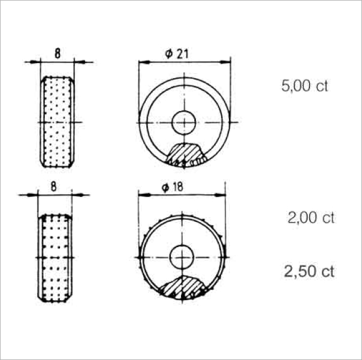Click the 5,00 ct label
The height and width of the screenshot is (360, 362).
(304, 86)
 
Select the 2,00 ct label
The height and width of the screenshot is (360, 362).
(311, 218)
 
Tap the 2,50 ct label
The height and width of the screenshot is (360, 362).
(309, 271)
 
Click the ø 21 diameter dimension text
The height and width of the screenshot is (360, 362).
(177, 54)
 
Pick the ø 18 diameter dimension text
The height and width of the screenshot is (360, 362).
(173, 187)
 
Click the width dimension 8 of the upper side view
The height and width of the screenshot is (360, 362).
(58, 53)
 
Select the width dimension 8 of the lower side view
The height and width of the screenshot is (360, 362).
(53, 187)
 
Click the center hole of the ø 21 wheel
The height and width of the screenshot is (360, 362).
(184, 122)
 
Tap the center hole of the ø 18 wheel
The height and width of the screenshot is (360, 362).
(182, 257)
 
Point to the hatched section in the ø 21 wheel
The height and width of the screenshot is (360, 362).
(184, 154)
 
